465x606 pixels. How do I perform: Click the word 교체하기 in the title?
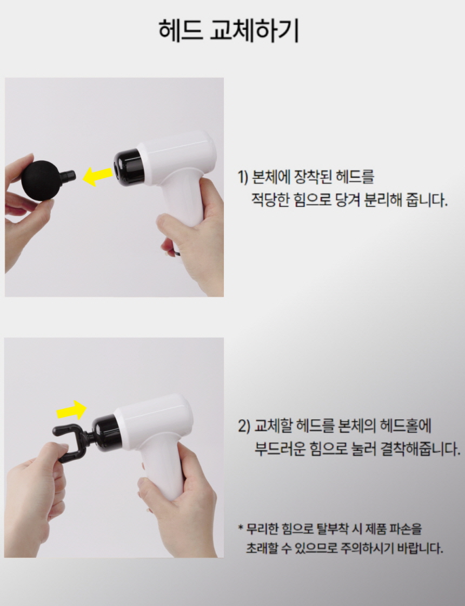[x=254, y=30]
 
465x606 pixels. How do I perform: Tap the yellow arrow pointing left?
[x=99, y=176]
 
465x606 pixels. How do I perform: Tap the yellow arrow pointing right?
[x=72, y=410]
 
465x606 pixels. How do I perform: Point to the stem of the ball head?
[x=67, y=176]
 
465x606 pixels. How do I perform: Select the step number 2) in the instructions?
[x=243, y=426]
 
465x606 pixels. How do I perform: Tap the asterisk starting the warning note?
[x=241, y=527]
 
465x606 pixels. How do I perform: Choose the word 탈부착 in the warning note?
[x=332, y=529]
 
